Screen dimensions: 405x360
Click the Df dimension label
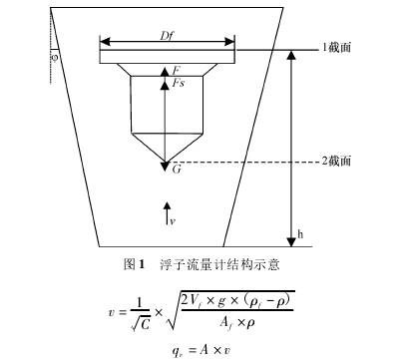coord(168,35)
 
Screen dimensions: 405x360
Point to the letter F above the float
coord(176,71)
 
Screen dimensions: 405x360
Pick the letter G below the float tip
coord(176,172)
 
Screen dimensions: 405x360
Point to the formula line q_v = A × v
coord(200,350)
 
